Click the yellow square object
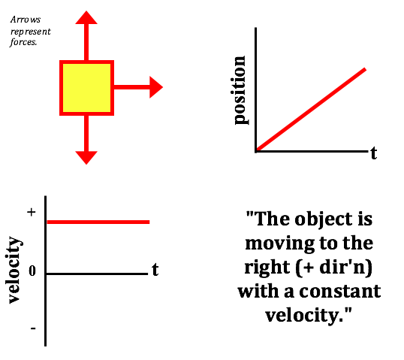pyautogui.click(x=86, y=88)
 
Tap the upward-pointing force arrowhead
pyautogui.click(x=86, y=17)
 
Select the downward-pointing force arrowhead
pyautogui.click(x=86, y=158)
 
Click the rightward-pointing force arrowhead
pyautogui.click(x=156, y=87)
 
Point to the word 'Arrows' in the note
pyautogui.click(x=26, y=20)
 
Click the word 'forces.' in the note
pyautogui.click(x=23, y=42)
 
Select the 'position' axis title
pyautogui.click(x=240, y=90)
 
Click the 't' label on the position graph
pyautogui.click(x=374, y=153)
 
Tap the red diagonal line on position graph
pyautogui.click(x=311, y=110)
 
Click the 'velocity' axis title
pyautogui.click(x=14, y=270)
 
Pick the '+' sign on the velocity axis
pyautogui.click(x=32, y=212)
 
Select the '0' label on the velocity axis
pyautogui.click(x=32, y=271)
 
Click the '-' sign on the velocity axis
pyautogui.click(x=33, y=328)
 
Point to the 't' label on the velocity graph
pyautogui.click(x=155, y=270)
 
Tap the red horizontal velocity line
pyautogui.click(x=98, y=222)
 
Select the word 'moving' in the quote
pyautogui.click(x=280, y=244)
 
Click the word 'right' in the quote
pyautogui.click(x=267, y=268)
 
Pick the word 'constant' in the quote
pyautogui.click(x=340, y=292)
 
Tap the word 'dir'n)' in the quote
pyautogui.click(x=346, y=268)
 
